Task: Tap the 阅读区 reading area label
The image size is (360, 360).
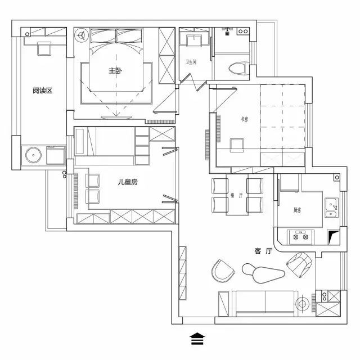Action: pyautogui.click(x=42, y=90)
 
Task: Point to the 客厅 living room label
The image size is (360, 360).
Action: pyautogui.click(x=263, y=251)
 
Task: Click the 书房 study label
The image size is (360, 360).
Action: pyautogui.click(x=244, y=118)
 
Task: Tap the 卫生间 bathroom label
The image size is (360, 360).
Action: pyautogui.click(x=191, y=62)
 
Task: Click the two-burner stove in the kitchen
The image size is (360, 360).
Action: pyautogui.click(x=300, y=236)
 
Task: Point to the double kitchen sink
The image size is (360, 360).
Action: pyautogui.click(x=331, y=206)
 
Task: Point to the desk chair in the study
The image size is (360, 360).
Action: pyautogui.click(x=238, y=145)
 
